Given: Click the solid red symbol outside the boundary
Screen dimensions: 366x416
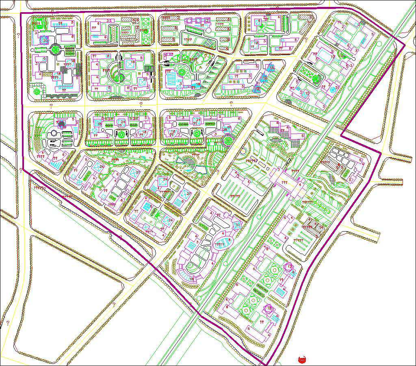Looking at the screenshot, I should [301, 359].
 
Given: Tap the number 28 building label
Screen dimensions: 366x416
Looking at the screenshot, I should [224, 130].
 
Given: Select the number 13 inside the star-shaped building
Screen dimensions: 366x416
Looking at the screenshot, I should [289, 266].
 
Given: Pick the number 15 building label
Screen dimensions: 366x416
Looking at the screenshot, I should [308, 93].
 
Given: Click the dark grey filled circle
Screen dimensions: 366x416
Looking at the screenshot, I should [61, 123].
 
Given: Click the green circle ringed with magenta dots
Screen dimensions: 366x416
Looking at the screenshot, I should [227, 140].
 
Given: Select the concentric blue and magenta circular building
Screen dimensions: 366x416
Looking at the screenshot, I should [45, 40].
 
